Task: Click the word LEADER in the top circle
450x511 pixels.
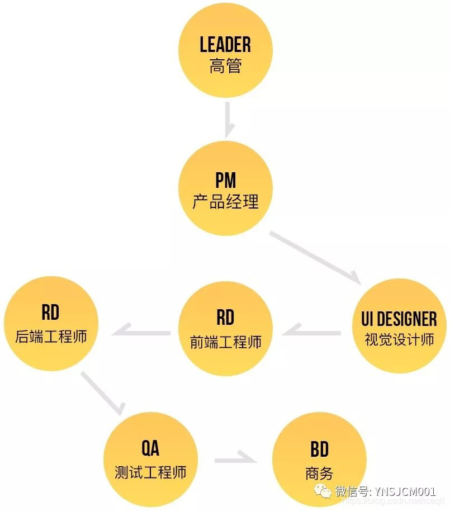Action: tap(225, 45)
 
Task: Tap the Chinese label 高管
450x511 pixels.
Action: tap(225, 67)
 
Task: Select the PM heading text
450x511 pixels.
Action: tap(225, 181)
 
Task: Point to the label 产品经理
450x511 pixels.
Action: tap(225, 202)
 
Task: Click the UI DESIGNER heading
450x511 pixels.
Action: tap(395, 319)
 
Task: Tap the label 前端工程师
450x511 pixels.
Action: tap(225, 342)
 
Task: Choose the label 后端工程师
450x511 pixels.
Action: tap(51, 337)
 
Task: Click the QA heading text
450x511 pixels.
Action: tap(150, 448)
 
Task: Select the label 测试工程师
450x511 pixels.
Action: tap(150, 471)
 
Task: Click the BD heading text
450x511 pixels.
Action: tap(319, 450)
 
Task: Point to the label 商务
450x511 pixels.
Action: tap(319, 474)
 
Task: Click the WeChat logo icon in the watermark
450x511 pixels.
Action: tap(323, 493)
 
